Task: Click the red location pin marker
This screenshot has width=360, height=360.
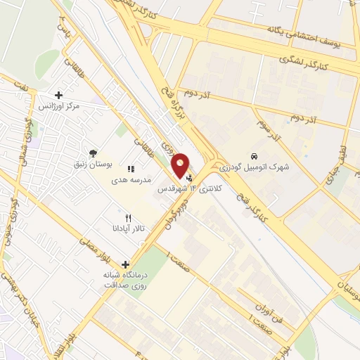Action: coord(181,165)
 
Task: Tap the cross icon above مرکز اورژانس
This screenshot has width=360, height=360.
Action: coord(58,94)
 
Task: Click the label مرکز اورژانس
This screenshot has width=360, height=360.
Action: coord(58,105)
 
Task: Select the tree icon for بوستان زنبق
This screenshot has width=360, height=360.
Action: coord(92,153)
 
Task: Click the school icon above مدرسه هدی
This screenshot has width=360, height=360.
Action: coord(130,169)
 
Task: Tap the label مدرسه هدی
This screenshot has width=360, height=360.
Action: coord(131,180)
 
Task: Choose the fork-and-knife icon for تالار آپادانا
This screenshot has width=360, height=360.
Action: coord(127,218)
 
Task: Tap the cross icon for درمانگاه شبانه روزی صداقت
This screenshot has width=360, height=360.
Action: coord(125,265)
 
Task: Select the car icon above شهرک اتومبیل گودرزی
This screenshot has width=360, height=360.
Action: coord(254,155)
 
